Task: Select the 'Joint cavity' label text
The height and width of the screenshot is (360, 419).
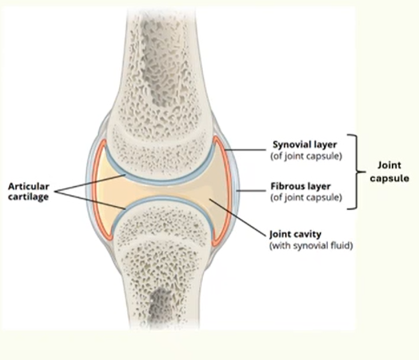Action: click(295, 234)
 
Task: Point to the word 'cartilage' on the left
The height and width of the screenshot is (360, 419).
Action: click(29, 198)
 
